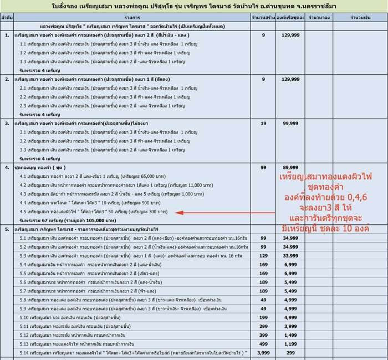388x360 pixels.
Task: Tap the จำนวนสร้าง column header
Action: tap(263, 18)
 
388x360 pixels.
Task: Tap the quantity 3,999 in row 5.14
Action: tap(263, 352)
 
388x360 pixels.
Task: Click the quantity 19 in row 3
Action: tap(263, 123)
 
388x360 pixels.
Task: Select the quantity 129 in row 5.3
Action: tap(263, 256)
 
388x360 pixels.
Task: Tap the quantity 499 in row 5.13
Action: tap(263, 343)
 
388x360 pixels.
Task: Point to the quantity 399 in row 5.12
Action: tap(263, 335)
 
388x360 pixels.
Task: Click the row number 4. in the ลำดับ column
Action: tap(7, 167)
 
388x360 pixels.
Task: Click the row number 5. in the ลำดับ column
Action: tap(7, 228)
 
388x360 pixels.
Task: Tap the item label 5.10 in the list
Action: tap(24, 317)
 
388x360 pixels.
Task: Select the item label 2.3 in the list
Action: tap(23, 105)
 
